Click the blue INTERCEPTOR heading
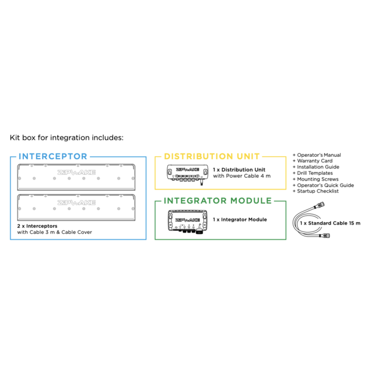coord(53,156)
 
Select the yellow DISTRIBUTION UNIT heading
coord(212,156)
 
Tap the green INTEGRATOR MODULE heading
coord(217,201)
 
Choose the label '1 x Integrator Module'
coord(240,220)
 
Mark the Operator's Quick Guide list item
coord(323,185)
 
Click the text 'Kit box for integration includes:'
coord(66,139)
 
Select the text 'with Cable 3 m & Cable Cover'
coord(55,232)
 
